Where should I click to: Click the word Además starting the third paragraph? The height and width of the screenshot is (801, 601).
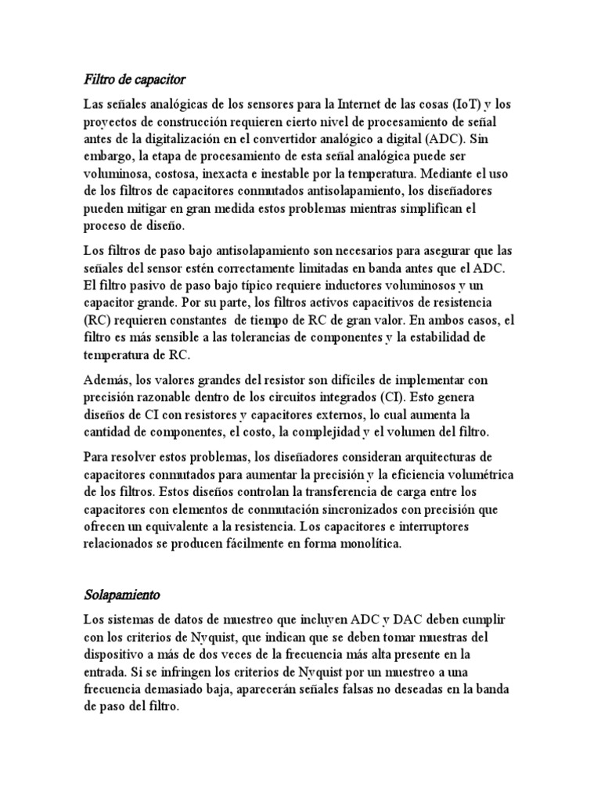(107, 380)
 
